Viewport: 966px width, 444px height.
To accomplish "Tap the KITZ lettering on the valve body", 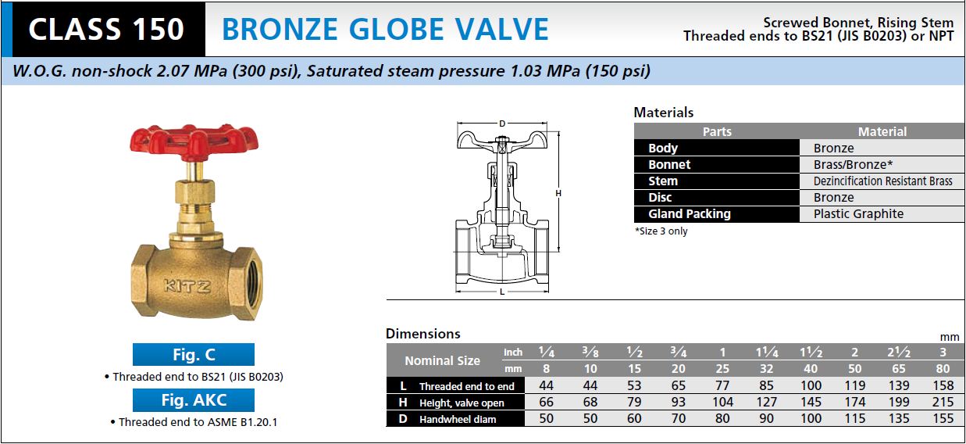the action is tap(187, 286).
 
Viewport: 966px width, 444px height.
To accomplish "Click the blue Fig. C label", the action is tap(194, 355).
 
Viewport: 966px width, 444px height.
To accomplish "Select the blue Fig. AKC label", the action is tap(194, 400).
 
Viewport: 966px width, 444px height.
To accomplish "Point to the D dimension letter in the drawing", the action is tap(502, 124).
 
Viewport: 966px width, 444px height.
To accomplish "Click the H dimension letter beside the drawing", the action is tap(558, 193).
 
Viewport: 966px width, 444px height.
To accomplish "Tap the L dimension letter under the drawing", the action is tap(502, 292).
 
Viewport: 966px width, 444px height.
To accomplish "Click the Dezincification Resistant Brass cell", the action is tap(882, 181).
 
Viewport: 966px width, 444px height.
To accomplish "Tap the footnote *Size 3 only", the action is tap(661, 231).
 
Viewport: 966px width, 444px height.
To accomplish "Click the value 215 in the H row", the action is tap(943, 402).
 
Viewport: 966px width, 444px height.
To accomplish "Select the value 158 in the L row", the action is tap(943, 385).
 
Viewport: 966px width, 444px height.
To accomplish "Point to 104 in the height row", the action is tap(723, 402).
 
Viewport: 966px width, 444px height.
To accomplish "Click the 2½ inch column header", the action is tap(899, 353).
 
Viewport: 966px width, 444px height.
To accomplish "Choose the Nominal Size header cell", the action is tap(442, 360).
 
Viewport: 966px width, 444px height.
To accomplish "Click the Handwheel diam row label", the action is tap(458, 419).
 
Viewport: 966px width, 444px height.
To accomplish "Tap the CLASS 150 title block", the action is tap(106, 30).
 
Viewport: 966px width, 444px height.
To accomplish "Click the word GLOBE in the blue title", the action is tap(396, 30).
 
